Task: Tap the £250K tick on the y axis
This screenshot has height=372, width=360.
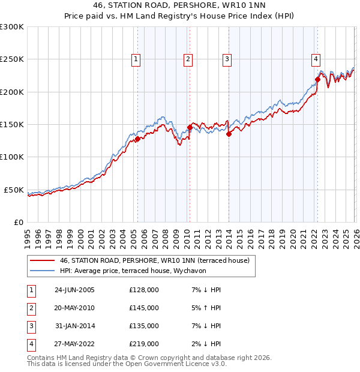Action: [12, 59]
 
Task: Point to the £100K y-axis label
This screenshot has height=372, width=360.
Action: [12, 157]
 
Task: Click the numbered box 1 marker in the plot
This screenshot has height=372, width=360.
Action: [137, 59]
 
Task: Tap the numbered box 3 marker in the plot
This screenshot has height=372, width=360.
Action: [227, 59]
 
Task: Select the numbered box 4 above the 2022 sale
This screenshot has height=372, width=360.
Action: [316, 59]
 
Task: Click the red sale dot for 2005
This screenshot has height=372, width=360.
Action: [137, 139]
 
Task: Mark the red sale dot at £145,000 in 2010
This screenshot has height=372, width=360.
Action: [190, 127]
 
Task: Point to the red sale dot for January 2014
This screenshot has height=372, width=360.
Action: [229, 134]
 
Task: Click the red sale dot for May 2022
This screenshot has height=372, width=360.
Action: [317, 79]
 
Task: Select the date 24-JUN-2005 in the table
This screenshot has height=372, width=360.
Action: [74, 290]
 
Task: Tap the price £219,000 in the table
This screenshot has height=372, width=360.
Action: [144, 344]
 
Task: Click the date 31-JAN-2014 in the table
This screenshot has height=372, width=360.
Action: [74, 326]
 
